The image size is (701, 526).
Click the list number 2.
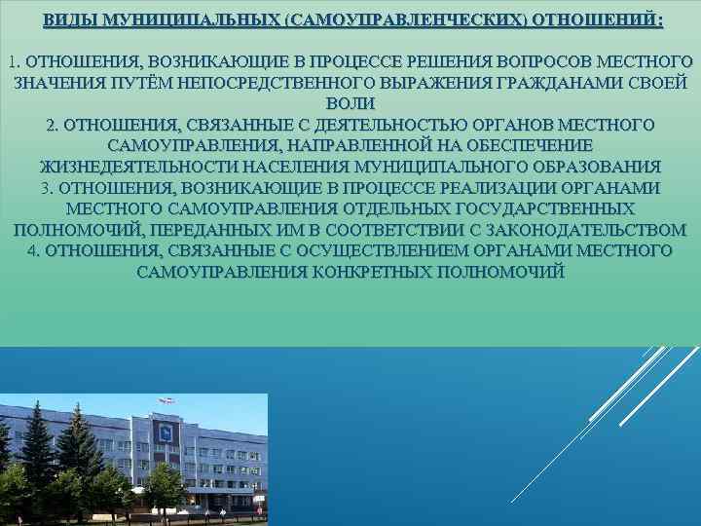tap(52, 126)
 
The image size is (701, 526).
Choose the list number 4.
tap(35, 250)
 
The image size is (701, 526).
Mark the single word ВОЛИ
tap(350, 104)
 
